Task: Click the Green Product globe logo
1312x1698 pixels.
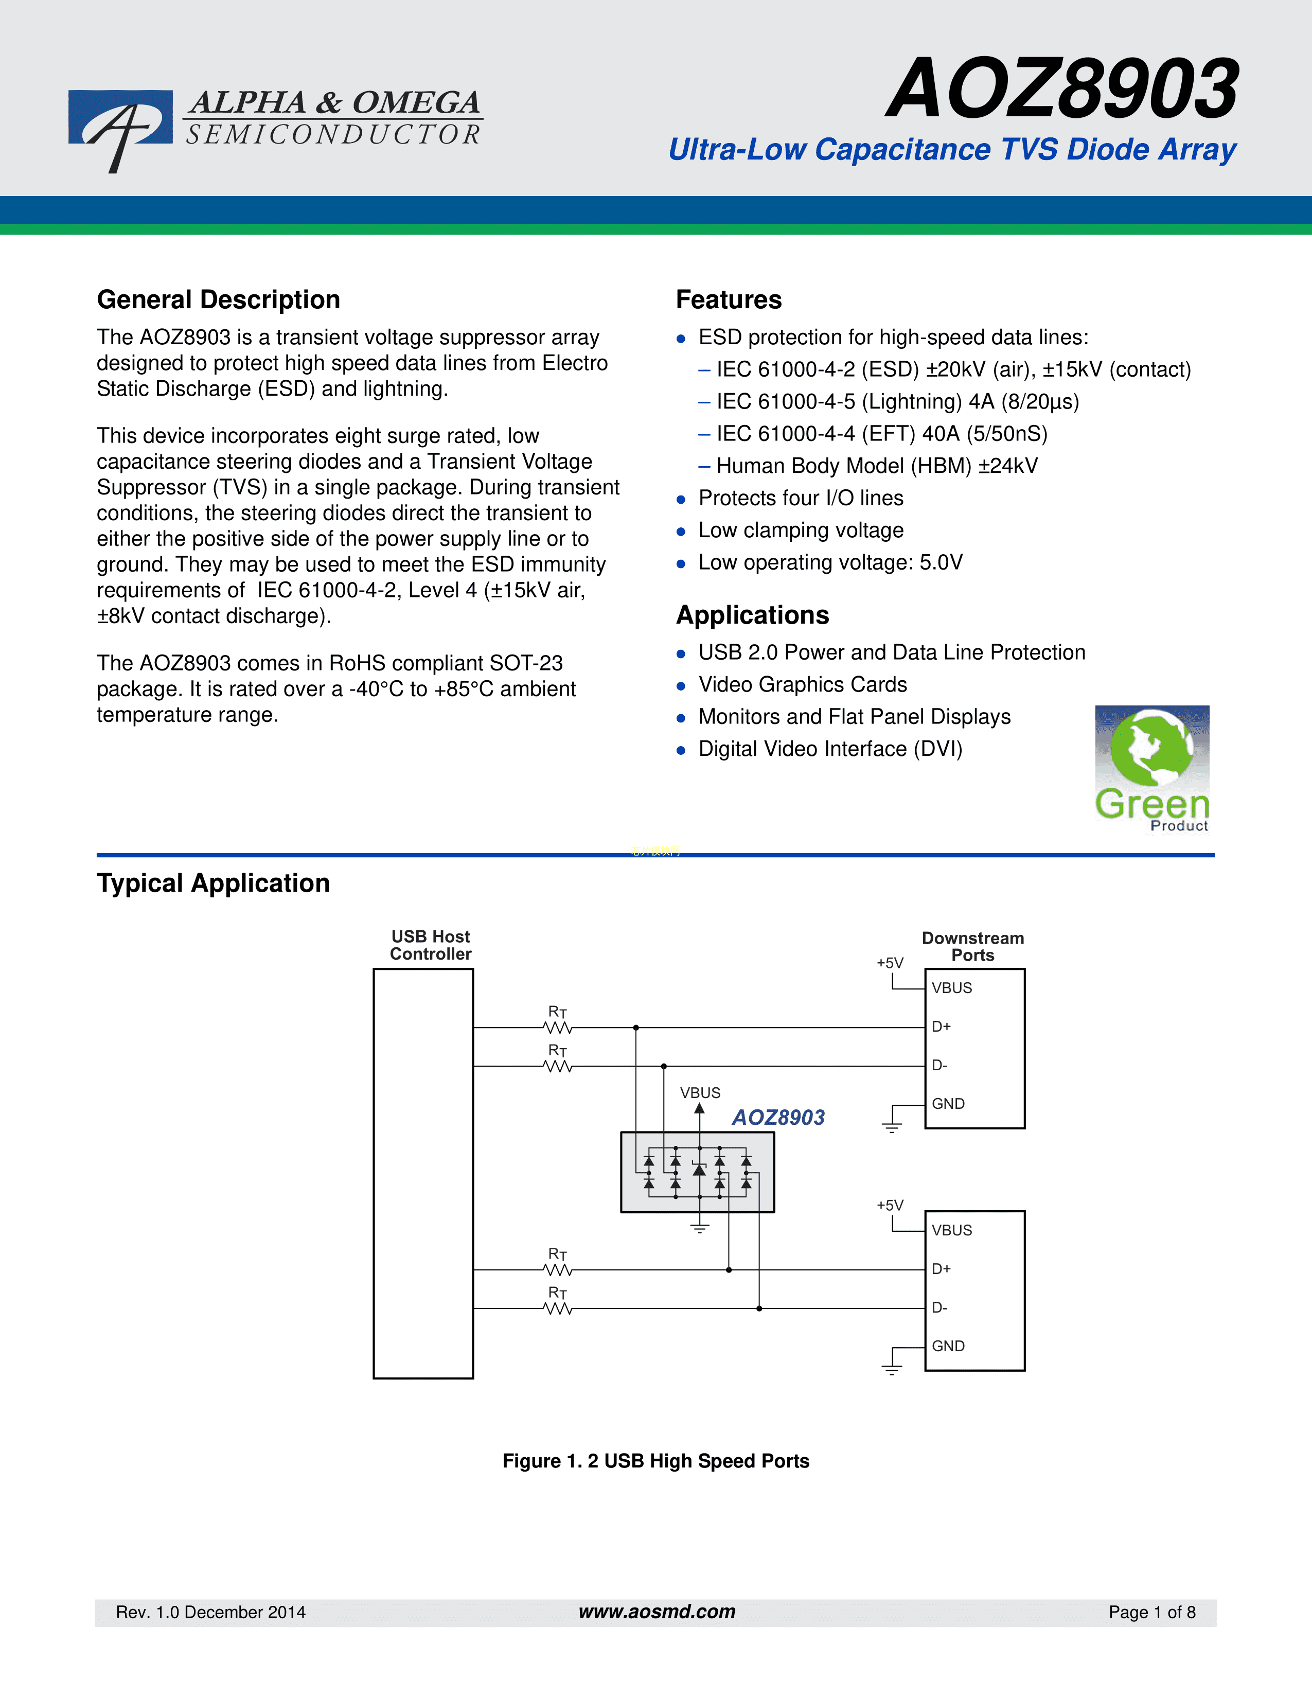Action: pos(1152,769)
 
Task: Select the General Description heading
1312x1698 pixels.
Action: pos(218,299)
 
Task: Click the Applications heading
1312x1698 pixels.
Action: pos(752,615)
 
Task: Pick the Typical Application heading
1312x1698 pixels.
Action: pos(213,883)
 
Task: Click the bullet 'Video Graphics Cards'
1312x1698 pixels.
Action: pos(803,684)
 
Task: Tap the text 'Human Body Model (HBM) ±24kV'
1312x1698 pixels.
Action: pos(877,466)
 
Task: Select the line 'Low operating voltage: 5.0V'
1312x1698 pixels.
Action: pos(830,562)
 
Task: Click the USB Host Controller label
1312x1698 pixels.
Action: pos(431,945)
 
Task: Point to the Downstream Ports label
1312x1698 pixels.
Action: pos(973,946)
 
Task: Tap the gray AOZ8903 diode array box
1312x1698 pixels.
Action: pos(697,1172)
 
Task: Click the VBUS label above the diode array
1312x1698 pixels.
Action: pos(700,1092)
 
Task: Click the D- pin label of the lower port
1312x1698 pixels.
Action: pos(939,1307)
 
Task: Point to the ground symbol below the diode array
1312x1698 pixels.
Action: pos(700,1228)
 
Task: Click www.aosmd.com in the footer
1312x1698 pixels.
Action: pos(657,1612)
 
